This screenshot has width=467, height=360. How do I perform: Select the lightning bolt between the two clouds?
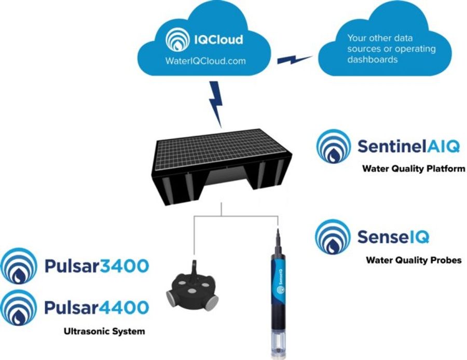coord(294,58)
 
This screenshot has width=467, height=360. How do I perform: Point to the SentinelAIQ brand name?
coord(408,146)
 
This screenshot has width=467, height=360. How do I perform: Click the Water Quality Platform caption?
coord(413,169)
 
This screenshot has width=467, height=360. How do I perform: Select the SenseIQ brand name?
coord(393,238)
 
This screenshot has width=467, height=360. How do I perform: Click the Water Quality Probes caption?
coord(413,260)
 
